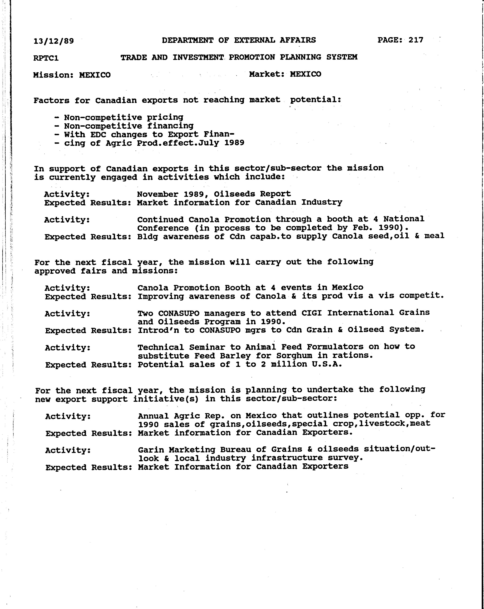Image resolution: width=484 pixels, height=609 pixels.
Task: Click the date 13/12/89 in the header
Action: tap(54, 41)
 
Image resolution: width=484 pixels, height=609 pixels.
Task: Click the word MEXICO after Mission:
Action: tap(95, 75)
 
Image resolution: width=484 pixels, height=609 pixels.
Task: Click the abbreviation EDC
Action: tap(98, 134)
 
